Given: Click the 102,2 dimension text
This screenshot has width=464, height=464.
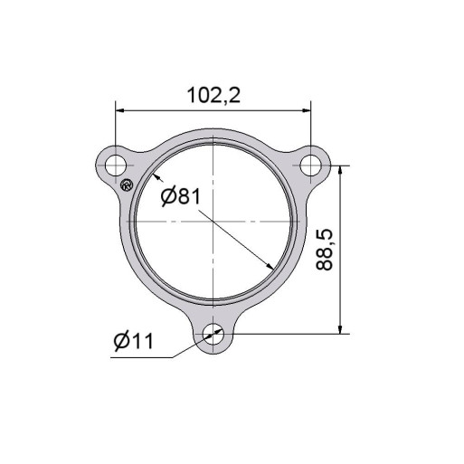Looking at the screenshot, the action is coord(213,95).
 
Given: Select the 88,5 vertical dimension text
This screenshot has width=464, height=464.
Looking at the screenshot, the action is coord(325,250).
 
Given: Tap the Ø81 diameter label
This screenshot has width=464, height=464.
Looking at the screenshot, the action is coord(181,196).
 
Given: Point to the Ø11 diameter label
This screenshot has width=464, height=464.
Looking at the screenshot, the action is coord(134,341).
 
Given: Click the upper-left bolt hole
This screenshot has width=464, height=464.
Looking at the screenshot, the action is coord(116,166).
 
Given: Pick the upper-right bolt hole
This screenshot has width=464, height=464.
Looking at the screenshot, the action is coord(311,166).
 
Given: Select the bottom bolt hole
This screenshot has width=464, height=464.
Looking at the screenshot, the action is coord(213,334).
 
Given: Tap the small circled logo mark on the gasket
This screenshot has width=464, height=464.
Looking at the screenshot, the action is coord(127,185).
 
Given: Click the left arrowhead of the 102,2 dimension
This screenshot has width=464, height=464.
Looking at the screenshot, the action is coord(119,111).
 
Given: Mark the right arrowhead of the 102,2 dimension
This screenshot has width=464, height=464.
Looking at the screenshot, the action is coord(307,111).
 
